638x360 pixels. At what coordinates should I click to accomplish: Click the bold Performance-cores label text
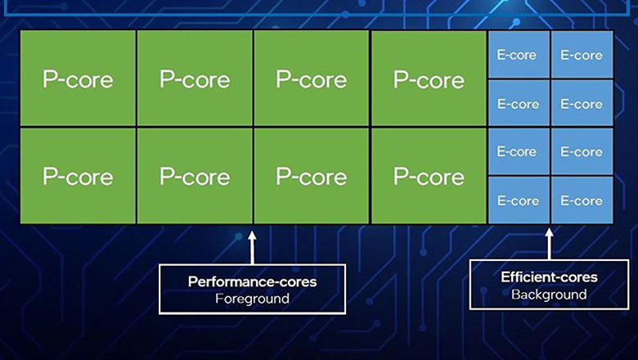point(252,281)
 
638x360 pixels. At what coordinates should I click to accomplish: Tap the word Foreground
point(252,299)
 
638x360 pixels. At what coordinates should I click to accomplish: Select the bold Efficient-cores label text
point(549,277)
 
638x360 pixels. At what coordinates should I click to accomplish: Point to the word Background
point(549,294)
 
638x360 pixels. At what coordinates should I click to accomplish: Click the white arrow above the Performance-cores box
point(252,243)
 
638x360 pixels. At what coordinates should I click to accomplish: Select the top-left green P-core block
point(78,79)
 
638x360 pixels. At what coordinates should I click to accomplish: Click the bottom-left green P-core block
point(78,176)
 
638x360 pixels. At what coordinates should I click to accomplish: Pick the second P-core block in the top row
point(195,79)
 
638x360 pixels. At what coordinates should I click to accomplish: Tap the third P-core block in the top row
point(312,79)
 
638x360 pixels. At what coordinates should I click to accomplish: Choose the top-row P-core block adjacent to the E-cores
point(429,79)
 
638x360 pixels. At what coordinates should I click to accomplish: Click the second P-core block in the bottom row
point(195,176)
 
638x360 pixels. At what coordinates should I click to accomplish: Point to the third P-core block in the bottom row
point(312,176)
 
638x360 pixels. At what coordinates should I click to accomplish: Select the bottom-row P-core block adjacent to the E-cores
point(429,176)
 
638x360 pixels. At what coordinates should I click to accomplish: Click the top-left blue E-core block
point(519,55)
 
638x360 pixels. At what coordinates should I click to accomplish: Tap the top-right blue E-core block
point(582,55)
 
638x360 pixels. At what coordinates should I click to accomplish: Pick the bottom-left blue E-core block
point(519,200)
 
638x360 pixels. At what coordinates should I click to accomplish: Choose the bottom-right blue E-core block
point(582,200)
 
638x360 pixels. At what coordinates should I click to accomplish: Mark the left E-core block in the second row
point(519,104)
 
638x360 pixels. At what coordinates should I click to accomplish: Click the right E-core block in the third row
point(582,151)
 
